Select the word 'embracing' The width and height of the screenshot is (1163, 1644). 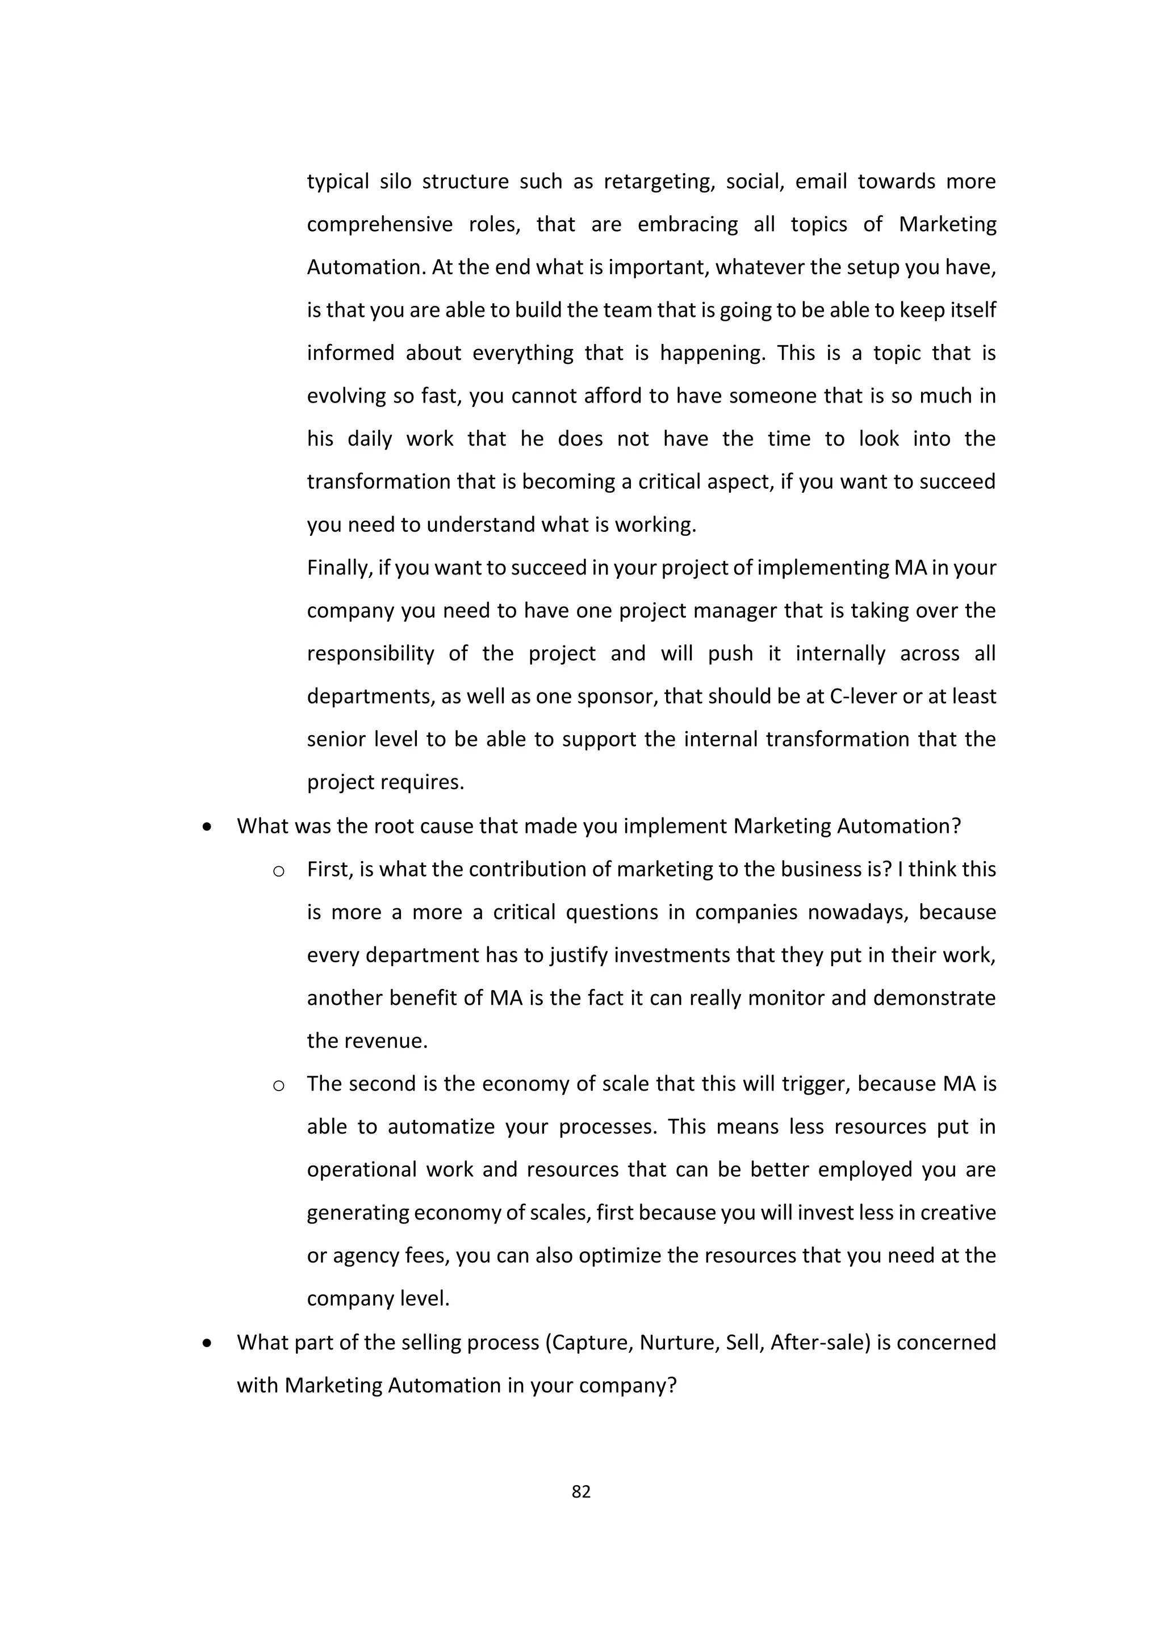[x=688, y=225]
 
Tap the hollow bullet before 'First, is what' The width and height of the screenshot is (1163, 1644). [x=279, y=871]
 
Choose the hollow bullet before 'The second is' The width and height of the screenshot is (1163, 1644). [x=279, y=1086]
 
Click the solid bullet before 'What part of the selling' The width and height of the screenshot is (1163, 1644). [x=207, y=1343]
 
